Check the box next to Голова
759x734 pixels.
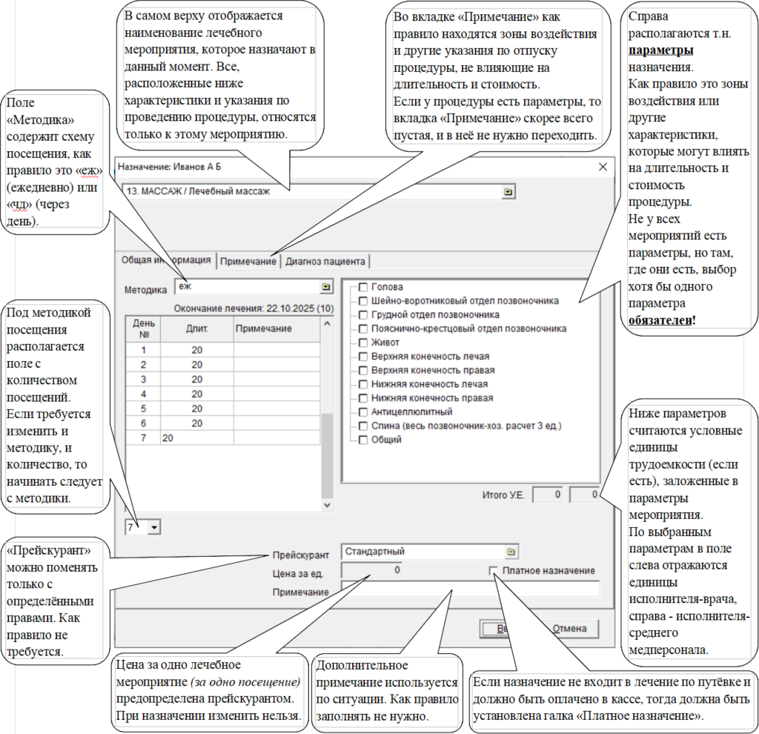363,287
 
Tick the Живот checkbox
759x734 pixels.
363,343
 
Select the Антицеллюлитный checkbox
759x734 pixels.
363,411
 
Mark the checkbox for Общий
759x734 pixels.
363,440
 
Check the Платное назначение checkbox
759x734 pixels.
494,571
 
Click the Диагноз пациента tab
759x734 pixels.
325,261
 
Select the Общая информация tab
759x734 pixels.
166,260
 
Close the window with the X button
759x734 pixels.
603,168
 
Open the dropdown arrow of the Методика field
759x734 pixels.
326,286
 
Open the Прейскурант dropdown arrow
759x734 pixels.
511,552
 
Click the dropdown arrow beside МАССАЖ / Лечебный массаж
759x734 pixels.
508,192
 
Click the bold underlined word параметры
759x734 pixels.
661,51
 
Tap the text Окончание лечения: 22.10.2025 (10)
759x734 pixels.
253,308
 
